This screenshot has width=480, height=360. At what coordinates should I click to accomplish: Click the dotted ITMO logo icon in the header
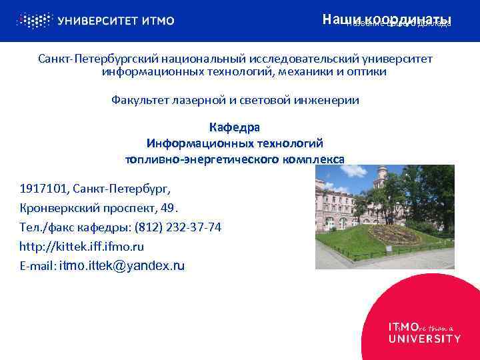click(x=33, y=20)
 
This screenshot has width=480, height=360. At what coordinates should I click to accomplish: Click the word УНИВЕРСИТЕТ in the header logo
click(x=97, y=21)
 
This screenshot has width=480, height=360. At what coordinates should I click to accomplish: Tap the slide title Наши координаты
click(x=387, y=19)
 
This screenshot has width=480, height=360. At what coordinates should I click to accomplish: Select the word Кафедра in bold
click(x=235, y=127)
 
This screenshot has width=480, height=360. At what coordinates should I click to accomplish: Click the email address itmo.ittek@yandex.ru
click(x=122, y=266)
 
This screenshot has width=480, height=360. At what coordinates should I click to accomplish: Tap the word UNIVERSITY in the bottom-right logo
click(x=424, y=339)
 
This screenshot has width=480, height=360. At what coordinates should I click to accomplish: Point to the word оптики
click(x=367, y=71)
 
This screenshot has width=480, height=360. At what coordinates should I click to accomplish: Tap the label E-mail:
click(x=37, y=266)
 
